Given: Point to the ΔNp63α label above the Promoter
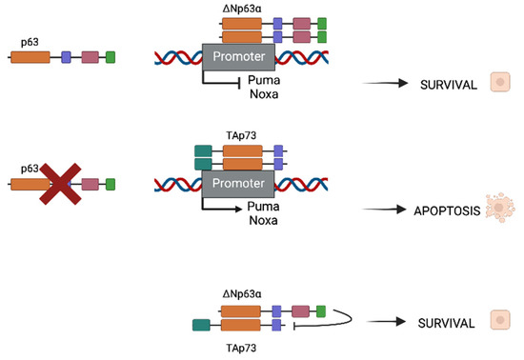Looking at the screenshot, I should [241, 8].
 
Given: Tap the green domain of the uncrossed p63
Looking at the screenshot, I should [111, 58].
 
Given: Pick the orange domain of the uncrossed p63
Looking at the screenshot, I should [30, 58].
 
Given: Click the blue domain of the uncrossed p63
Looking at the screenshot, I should [67, 58].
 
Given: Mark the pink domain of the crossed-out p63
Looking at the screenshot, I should [91, 183].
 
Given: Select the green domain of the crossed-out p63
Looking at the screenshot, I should [111, 183].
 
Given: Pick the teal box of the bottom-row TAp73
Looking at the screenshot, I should [201, 326].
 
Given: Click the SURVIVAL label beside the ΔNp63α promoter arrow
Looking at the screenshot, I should [447, 84].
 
